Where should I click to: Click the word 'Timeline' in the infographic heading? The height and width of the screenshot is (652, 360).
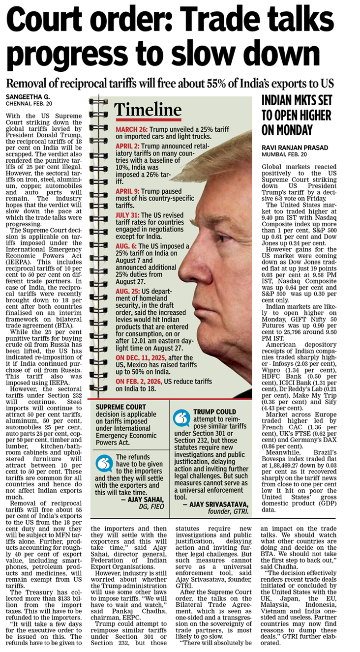pyautogui.click(x=148, y=110)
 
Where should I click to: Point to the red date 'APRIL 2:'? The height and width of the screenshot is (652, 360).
pyautogui.click(x=128, y=146)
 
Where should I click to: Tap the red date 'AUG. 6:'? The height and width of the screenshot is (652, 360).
pyautogui.click(x=126, y=246)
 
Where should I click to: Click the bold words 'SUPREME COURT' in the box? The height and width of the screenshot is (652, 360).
pyautogui.click(x=120, y=407)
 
